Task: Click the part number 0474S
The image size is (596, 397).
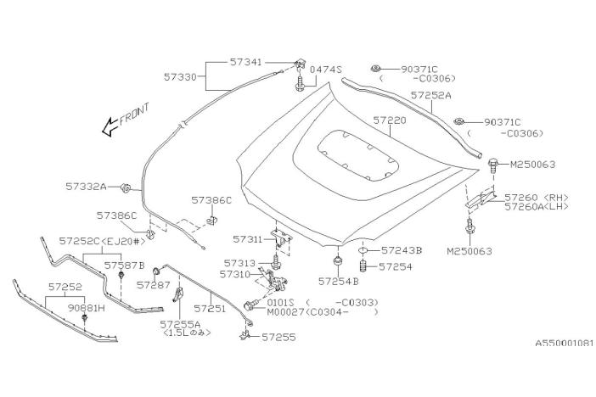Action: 325,69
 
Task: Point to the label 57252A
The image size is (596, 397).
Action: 431,96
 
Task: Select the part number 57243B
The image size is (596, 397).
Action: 402,250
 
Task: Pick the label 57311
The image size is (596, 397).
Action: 248,241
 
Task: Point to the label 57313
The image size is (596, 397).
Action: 241,263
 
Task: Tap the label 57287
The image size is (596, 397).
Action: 154,285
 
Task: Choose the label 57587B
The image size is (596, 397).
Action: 125,265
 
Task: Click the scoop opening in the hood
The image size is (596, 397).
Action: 353,154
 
